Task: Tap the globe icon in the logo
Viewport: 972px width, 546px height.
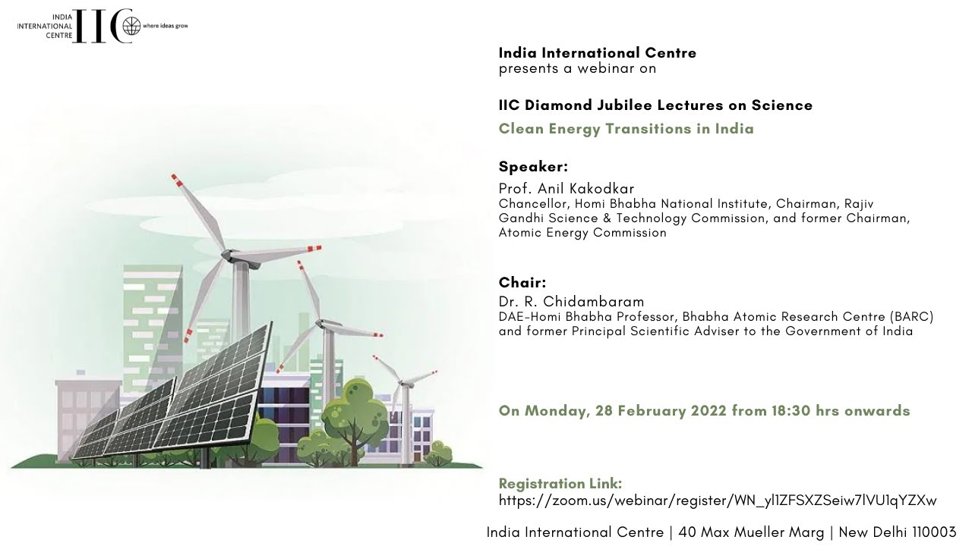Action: pyautogui.click(x=131, y=26)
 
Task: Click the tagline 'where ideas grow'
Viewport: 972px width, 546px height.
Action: pyautogui.click(x=166, y=26)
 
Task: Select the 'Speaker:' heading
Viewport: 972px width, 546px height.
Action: pyautogui.click(x=533, y=166)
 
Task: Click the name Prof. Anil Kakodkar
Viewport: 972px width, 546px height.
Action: pyautogui.click(x=566, y=189)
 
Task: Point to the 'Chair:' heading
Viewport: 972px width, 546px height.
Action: pyautogui.click(x=522, y=283)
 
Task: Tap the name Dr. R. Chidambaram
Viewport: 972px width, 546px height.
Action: pyautogui.click(x=572, y=302)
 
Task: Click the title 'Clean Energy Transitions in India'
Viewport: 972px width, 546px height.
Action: pyautogui.click(x=626, y=129)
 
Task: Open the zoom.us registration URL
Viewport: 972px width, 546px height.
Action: pyautogui.click(x=718, y=500)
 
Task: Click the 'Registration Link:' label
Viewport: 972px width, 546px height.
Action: pyautogui.click(x=560, y=483)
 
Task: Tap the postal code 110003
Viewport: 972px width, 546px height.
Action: pyautogui.click(x=934, y=532)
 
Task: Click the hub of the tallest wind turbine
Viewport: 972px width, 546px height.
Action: pyautogui.click(x=227, y=254)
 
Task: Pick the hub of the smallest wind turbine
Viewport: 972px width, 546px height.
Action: pyautogui.click(x=403, y=382)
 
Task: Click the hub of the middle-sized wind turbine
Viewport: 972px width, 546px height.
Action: pyautogui.click(x=321, y=322)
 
